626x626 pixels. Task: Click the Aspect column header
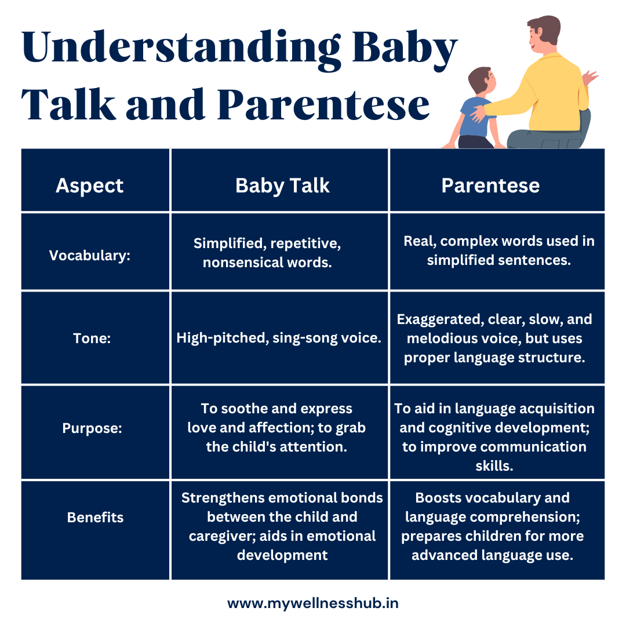tap(89, 185)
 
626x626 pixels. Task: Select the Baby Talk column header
tap(282, 185)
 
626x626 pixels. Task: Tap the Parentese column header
tap(490, 185)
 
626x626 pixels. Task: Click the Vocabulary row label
tap(90, 256)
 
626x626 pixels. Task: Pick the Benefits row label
tap(95, 517)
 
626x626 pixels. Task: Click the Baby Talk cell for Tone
tap(279, 338)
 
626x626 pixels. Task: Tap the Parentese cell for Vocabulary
tap(498, 250)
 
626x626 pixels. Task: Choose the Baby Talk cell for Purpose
tap(277, 428)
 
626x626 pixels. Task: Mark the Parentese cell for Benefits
tap(492, 526)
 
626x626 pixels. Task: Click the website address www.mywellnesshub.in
tap(312, 603)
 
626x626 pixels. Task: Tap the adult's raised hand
tap(590, 78)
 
